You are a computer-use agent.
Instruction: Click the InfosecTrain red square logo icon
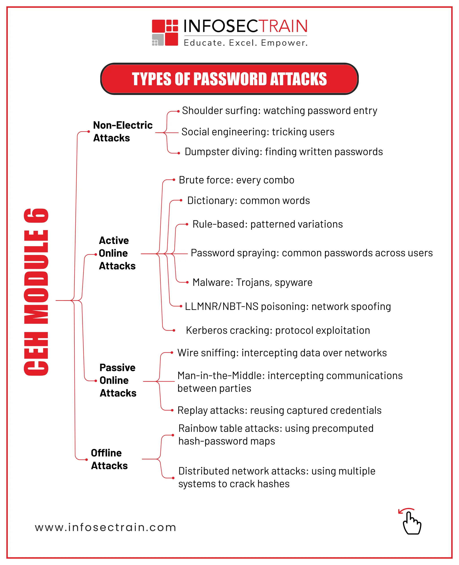tap(165, 33)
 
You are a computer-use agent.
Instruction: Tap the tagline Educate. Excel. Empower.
tap(246, 43)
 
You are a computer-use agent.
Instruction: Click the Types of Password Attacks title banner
tap(229, 79)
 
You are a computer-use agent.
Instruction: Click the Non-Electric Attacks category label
tap(123, 131)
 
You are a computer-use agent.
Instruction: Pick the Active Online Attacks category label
tap(117, 253)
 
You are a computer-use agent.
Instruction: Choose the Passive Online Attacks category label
tap(118, 380)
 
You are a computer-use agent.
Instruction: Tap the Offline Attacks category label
tap(109, 459)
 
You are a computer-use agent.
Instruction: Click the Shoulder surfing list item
tap(279, 111)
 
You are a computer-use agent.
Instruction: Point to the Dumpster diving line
tap(284, 152)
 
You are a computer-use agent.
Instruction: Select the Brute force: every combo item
tap(236, 180)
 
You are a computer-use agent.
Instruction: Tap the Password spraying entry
tap(312, 253)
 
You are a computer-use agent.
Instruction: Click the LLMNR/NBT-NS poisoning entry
tap(288, 306)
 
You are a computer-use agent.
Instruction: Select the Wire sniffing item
tap(282, 353)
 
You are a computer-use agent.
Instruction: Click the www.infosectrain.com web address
tap(106, 527)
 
